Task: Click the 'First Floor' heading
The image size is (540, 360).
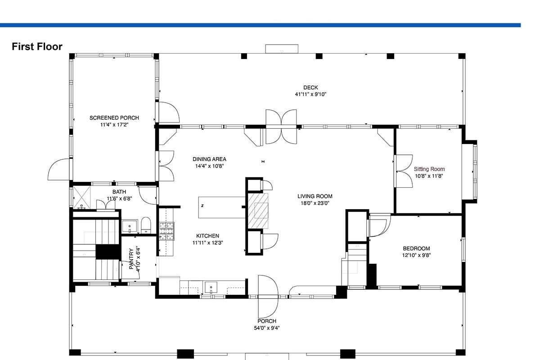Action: (x=37, y=46)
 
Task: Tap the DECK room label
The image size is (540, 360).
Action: (x=310, y=88)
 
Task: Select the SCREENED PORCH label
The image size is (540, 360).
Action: (x=114, y=118)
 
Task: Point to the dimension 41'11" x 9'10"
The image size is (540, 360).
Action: (x=310, y=94)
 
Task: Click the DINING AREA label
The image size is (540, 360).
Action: (x=209, y=159)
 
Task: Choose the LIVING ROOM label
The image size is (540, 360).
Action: (x=315, y=196)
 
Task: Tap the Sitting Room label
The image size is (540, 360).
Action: (x=429, y=169)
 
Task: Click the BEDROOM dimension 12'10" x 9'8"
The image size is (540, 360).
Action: (x=416, y=255)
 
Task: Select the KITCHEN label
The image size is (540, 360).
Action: (x=207, y=236)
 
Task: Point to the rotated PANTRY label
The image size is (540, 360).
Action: (x=131, y=259)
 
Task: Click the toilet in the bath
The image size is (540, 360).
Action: (x=146, y=225)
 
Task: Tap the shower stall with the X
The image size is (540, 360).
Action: (x=81, y=197)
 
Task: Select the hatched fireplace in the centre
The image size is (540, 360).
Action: (x=258, y=211)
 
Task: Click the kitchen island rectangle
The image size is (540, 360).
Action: (x=222, y=207)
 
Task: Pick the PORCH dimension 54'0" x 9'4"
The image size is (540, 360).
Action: (x=266, y=328)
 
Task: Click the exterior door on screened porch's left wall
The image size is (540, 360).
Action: (x=59, y=169)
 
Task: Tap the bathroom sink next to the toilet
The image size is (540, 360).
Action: (x=130, y=226)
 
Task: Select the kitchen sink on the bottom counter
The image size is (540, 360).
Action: (x=211, y=288)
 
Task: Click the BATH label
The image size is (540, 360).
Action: (x=119, y=192)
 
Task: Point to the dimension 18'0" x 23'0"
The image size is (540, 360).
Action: (x=315, y=203)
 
